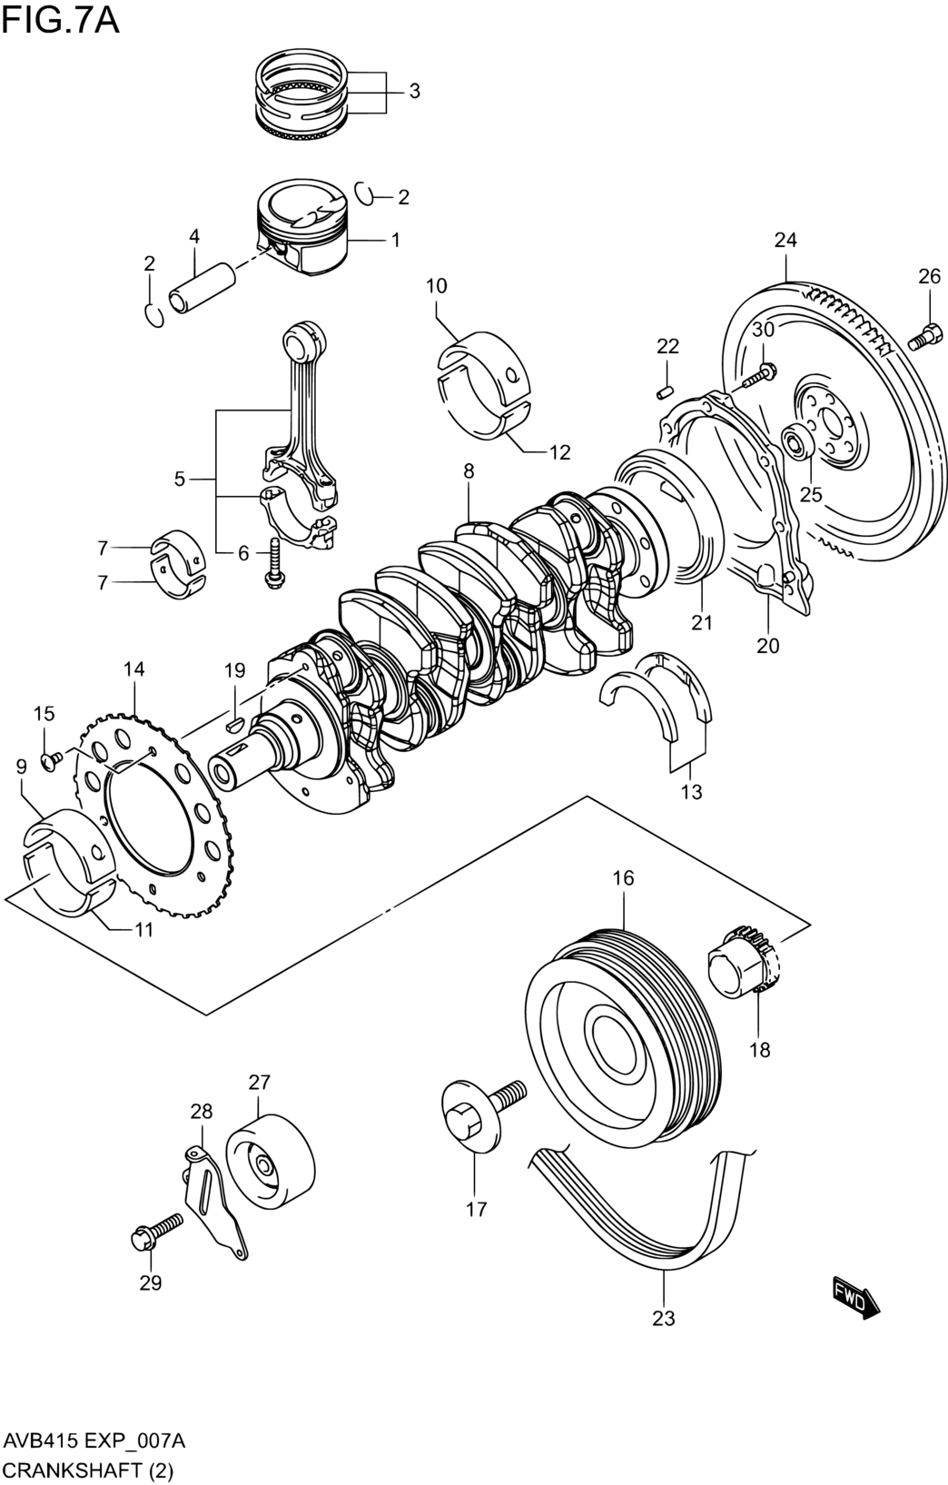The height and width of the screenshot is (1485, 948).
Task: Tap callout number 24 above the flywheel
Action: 785,240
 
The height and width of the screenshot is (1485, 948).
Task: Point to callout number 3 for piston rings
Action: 414,91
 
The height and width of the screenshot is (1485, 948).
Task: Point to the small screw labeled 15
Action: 52,760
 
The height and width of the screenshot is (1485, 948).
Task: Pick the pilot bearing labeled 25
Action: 795,441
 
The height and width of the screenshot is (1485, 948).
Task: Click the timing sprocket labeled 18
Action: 746,971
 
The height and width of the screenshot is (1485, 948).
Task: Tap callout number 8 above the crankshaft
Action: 469,471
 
